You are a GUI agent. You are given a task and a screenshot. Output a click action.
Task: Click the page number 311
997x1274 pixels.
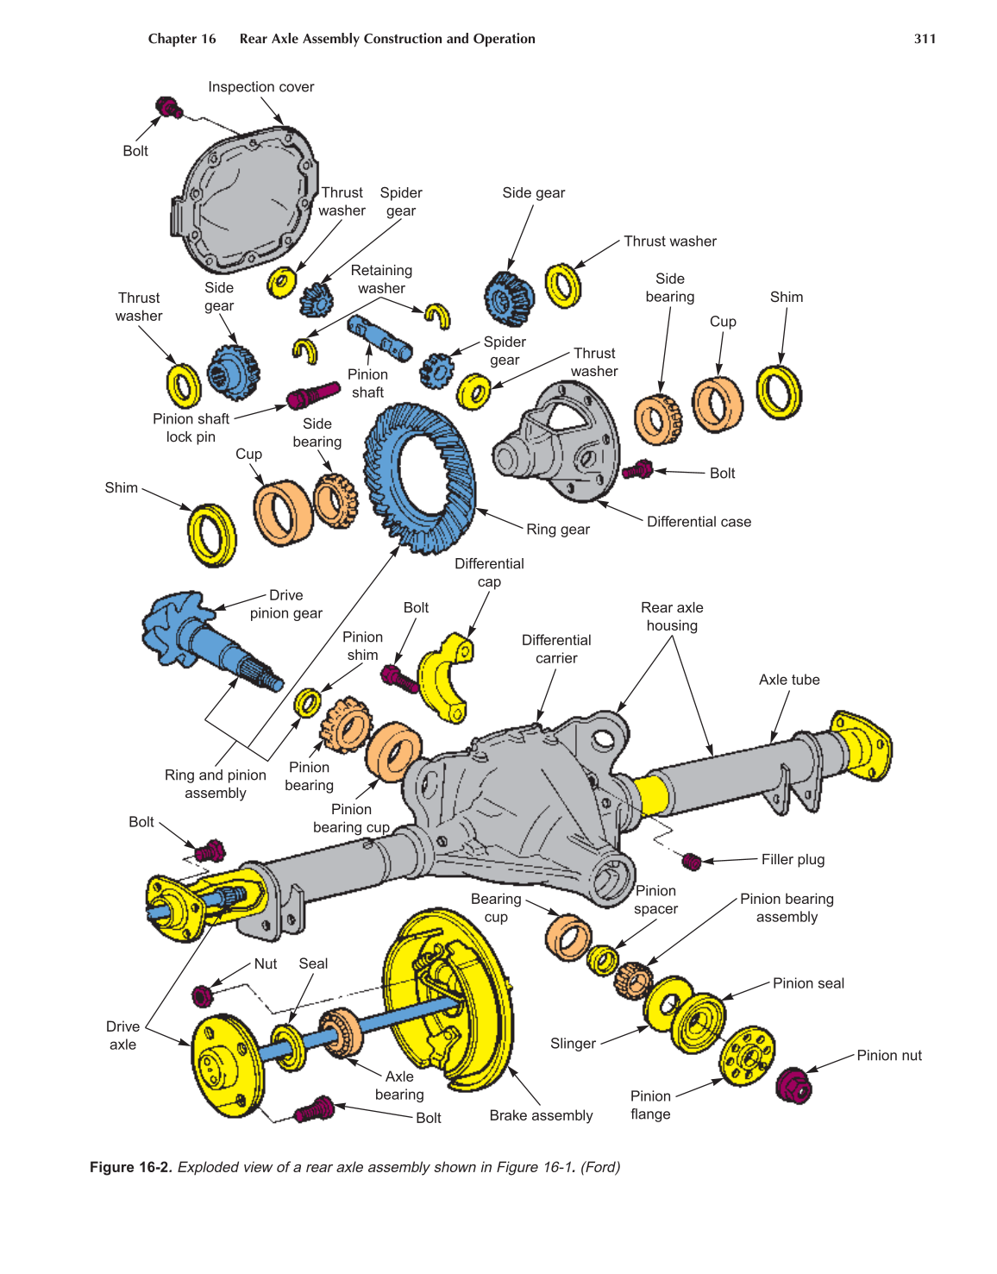925,39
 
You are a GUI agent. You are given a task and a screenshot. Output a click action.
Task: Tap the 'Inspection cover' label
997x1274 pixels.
260,87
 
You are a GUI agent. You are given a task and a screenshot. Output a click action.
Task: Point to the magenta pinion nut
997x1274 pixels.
793,1085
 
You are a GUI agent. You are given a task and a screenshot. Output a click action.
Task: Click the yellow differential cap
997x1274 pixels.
445,677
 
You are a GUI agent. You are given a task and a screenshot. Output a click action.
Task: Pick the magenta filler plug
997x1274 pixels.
692,861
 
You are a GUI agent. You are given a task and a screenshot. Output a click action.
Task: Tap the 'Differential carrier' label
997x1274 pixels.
556,649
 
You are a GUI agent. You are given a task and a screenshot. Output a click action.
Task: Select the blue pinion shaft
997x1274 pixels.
379,337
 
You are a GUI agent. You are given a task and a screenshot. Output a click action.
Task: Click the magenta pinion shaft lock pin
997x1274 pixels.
312,394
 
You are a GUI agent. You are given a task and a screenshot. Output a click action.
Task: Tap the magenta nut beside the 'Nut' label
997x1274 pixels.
202,995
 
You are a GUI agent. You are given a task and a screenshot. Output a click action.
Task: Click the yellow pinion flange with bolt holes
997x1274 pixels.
748,1056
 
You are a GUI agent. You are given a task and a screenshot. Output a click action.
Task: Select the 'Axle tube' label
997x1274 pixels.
788,680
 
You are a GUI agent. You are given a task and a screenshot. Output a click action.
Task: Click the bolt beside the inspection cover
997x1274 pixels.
168,108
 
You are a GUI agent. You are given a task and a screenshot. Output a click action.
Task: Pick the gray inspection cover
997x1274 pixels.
246,198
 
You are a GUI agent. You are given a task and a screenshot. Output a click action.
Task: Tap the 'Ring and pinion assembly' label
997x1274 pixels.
216,784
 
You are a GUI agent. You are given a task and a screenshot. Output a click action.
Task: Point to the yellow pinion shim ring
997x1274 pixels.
307,703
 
